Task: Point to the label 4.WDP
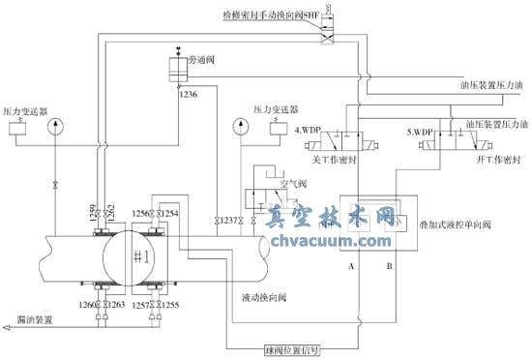tap(308, 129)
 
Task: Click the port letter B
tap(388, 262)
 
